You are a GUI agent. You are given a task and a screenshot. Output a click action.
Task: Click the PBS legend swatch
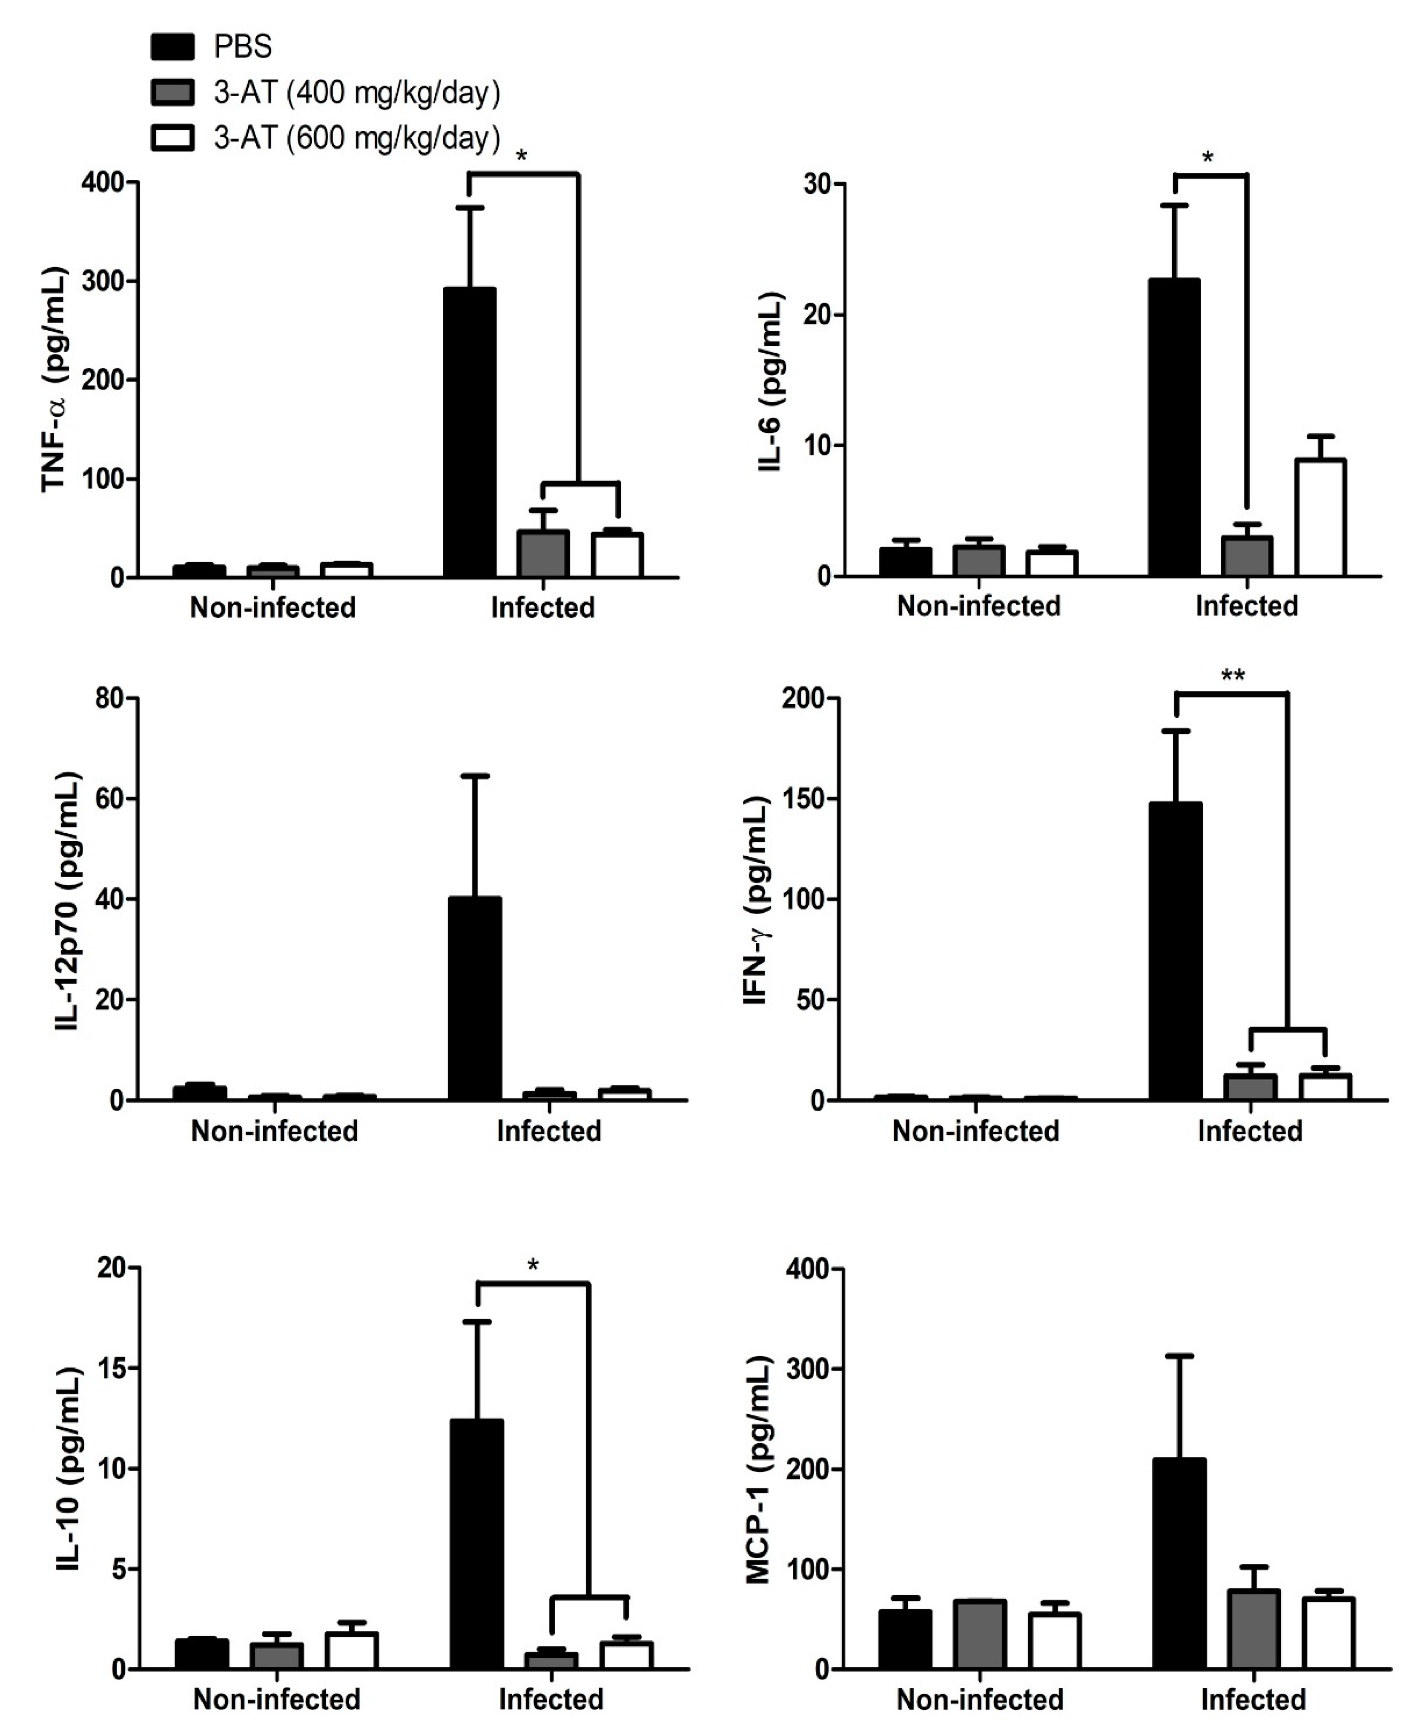point(172,46)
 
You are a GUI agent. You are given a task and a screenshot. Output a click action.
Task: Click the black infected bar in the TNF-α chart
point(469,433)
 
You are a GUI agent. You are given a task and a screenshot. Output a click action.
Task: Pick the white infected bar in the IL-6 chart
point(1320,518)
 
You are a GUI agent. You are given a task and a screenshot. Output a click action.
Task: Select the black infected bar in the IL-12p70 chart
point(475,999)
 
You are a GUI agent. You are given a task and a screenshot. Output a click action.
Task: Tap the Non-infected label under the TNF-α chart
point(272,607)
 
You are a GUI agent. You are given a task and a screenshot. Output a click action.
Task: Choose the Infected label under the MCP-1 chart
point(1253,1699)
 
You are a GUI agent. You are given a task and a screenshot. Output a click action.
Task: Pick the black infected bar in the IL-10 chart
point(477,1543)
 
